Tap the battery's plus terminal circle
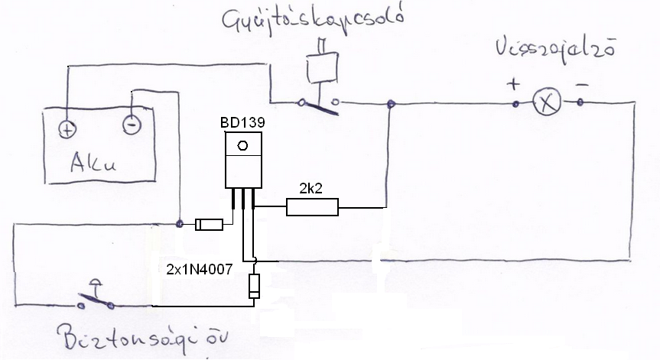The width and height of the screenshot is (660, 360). pos(67,128)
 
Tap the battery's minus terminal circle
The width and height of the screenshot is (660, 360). pos(132,122)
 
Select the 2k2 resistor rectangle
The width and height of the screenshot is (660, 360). pos(312,206)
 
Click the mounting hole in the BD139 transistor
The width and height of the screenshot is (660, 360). pos(242,145)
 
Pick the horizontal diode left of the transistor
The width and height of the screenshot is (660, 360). pos(209,225)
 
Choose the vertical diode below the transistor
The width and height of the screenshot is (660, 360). pos(254,287)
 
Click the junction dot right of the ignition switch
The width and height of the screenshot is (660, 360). pos(392,104)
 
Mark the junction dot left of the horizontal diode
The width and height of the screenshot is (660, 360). pos(180,224)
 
